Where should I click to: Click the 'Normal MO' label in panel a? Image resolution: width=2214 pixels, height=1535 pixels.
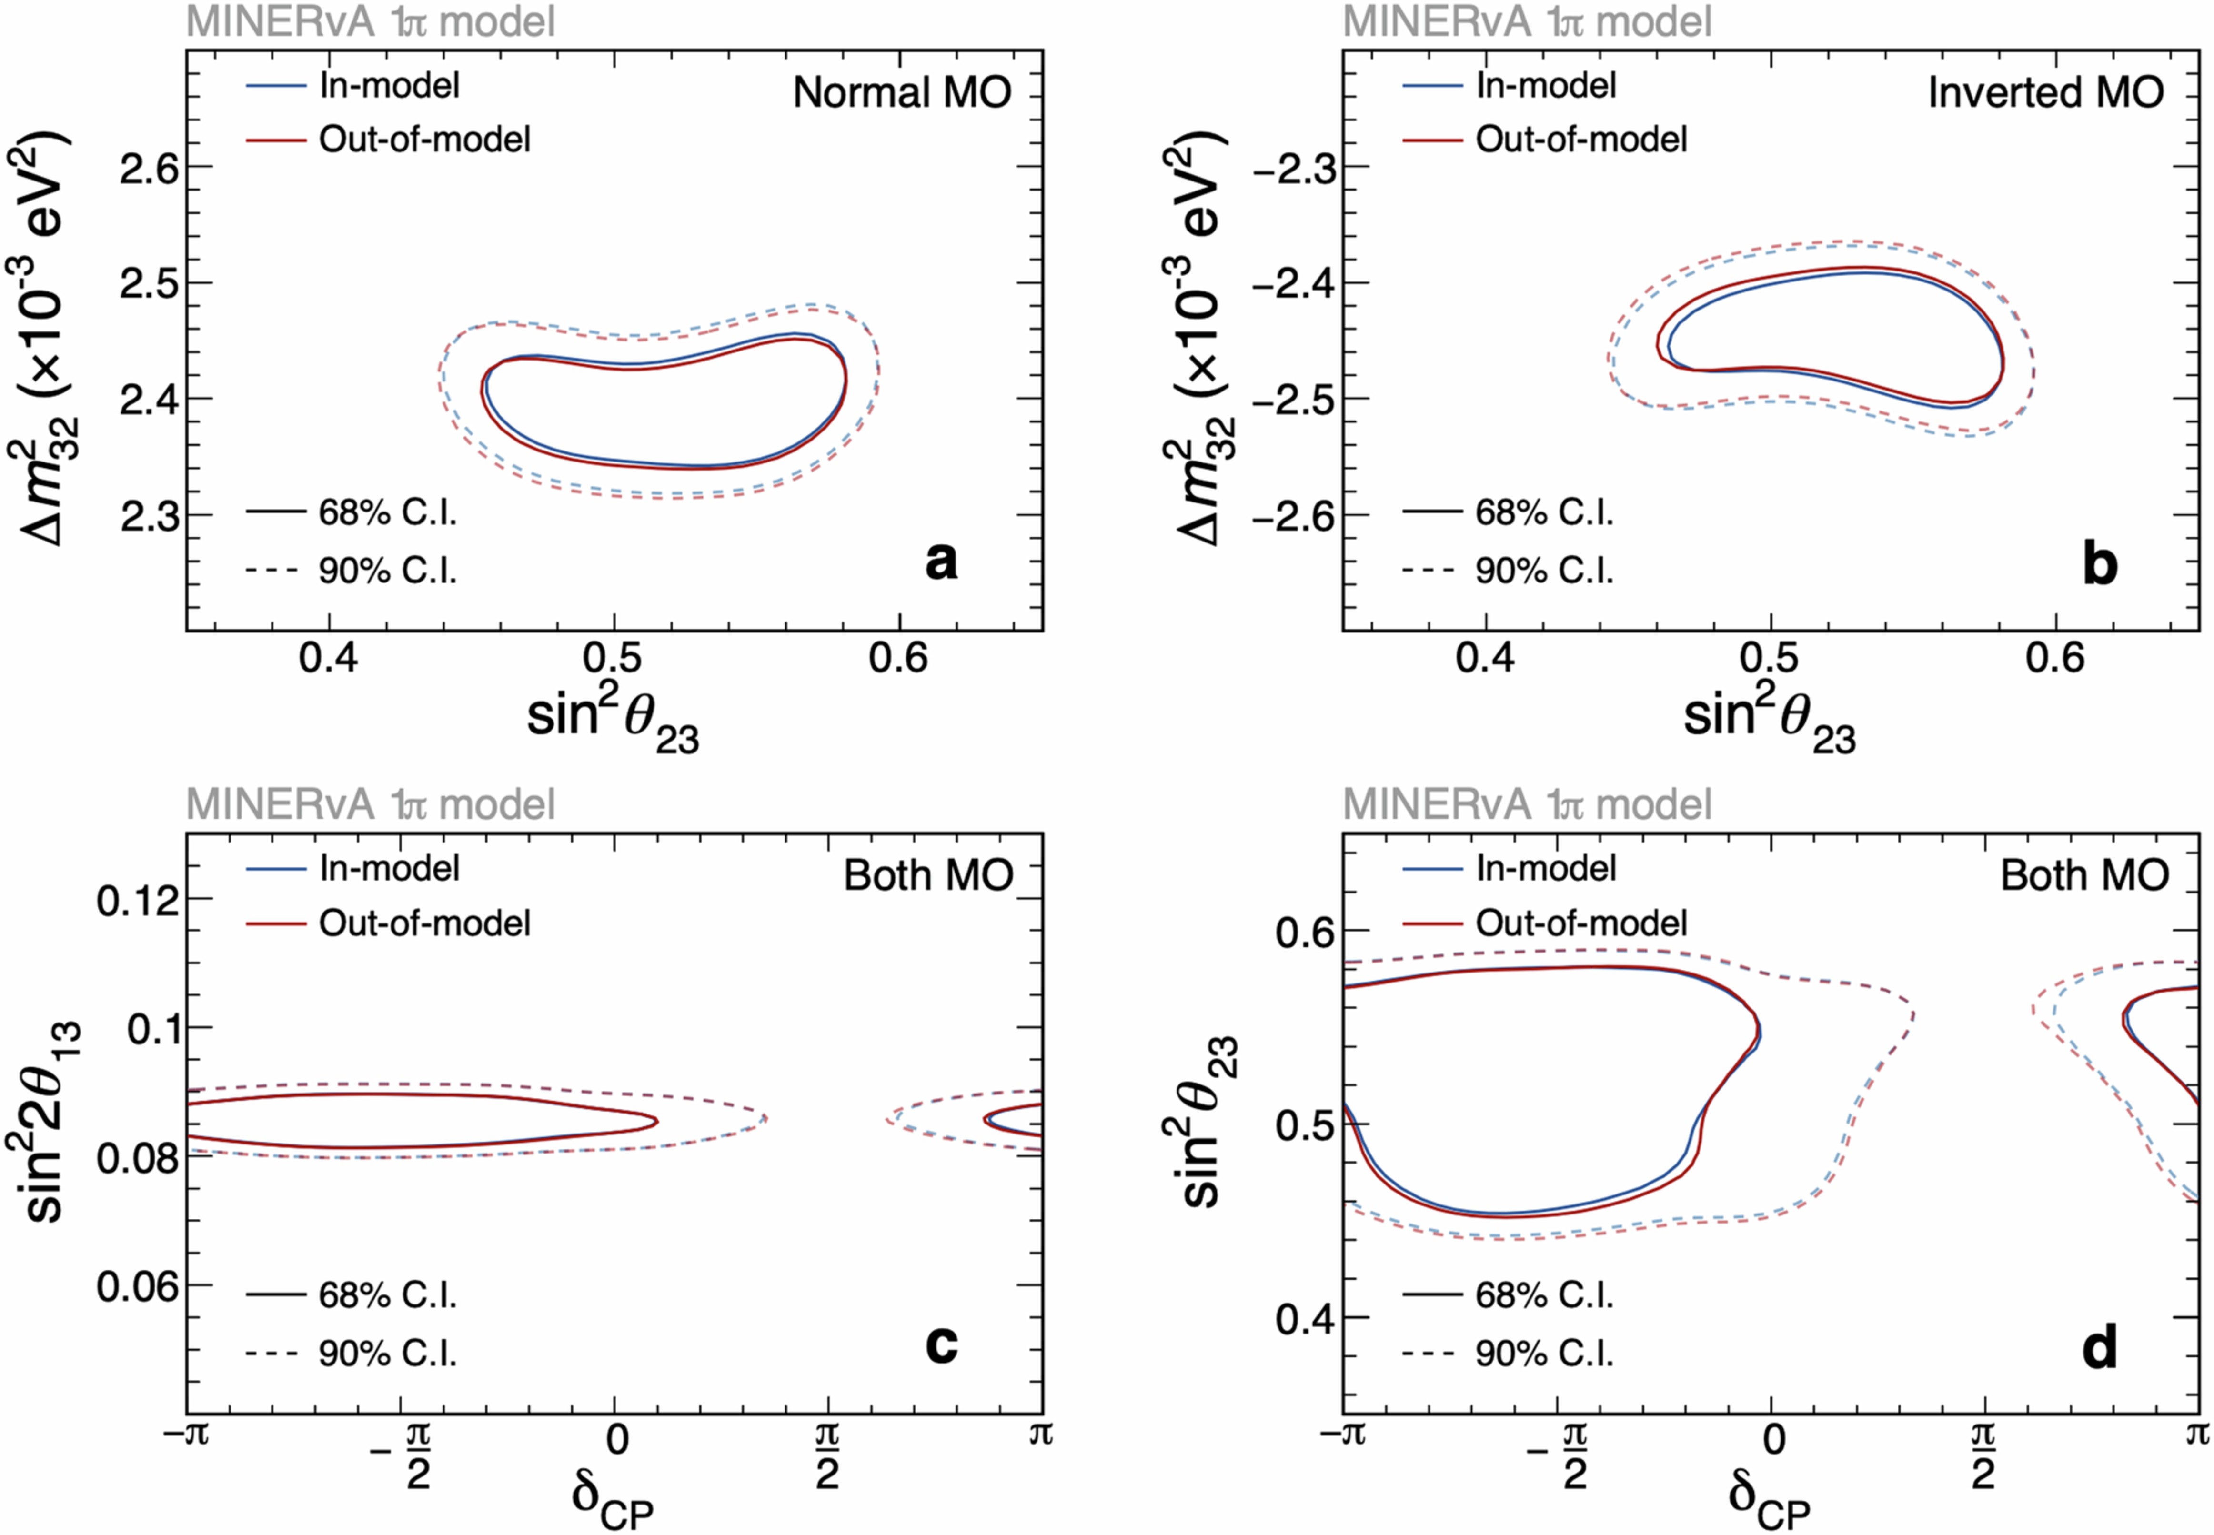pos(901,93)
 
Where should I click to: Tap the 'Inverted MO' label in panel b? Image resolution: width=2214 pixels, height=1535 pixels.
pos(2046,93)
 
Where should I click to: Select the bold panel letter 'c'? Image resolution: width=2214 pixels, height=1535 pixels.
pos(942,1344)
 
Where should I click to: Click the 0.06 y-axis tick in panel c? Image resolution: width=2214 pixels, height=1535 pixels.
pos(138,1286)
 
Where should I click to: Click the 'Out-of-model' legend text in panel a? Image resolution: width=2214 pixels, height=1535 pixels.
pos(424,140)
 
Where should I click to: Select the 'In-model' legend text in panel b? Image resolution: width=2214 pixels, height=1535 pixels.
pos(1546,86)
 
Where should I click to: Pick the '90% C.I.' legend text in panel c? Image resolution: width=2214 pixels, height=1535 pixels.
pos(388,1354)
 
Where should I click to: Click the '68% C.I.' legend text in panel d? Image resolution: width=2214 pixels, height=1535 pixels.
pos(1544,1295)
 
